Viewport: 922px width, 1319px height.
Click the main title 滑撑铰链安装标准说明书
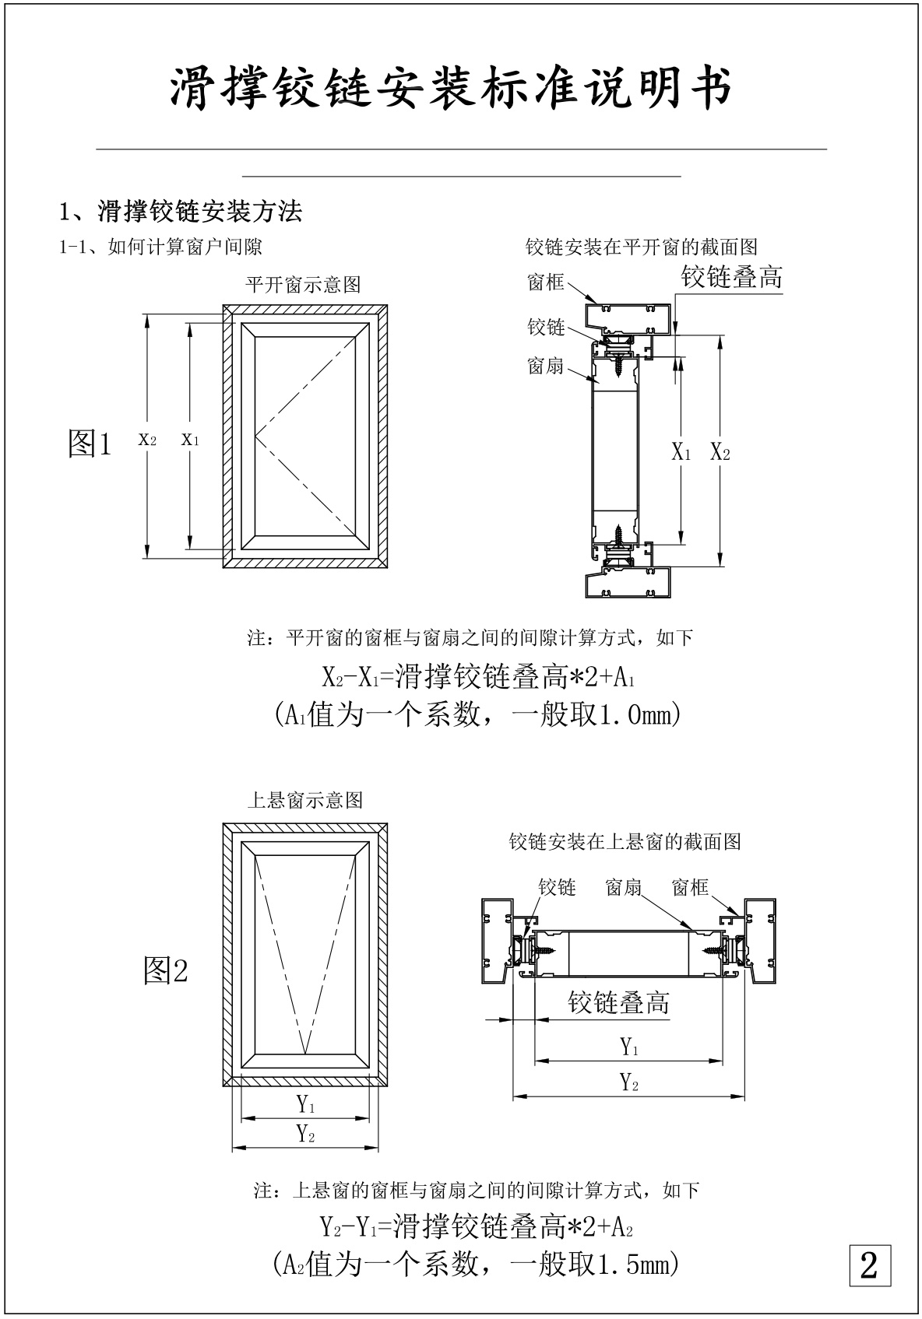pyautogui.click(x=452, y=87)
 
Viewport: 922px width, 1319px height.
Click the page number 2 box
pyautogui.click(x=869, y=1265)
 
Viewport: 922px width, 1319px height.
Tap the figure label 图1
pyautogui.click(x=90, y=444)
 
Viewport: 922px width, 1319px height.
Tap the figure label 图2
pyautogui.click(x=166, y=970)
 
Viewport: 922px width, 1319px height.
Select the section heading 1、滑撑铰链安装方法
pyautogui.click(x=181, y=211)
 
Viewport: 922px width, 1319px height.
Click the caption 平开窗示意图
pyautogui.click(x=303, y=285)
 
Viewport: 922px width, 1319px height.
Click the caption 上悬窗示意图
pyautogui.click(x=304, y=800)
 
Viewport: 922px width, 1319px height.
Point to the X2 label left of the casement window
pyautogui.click(x=147, y=440)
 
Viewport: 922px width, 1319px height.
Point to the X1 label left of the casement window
pyautogui.click(x=190, y=440)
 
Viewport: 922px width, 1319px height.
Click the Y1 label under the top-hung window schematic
pyautogui.click(x=306, y=1103)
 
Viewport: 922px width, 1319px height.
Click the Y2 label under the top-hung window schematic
pyautogui.click(x=306, y=1134)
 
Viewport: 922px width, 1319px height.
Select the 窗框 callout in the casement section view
pyautogui.click(x=545, y=282)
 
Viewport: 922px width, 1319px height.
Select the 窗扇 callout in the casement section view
pyautogui.click(x=545, y=366)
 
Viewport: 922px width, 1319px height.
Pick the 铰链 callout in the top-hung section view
pyautogui.click(x=557, y=887)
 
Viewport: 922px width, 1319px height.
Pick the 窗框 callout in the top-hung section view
pyautogui.click(x=690, y=887)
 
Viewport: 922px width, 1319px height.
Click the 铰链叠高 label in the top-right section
pyautogui.click(x=732, y=277)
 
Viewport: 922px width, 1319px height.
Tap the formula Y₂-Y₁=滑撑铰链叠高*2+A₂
pyautogui.click(x=477, y=1228)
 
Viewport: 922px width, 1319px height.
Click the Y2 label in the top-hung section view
pyautogui.click(x=629, y=1082)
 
